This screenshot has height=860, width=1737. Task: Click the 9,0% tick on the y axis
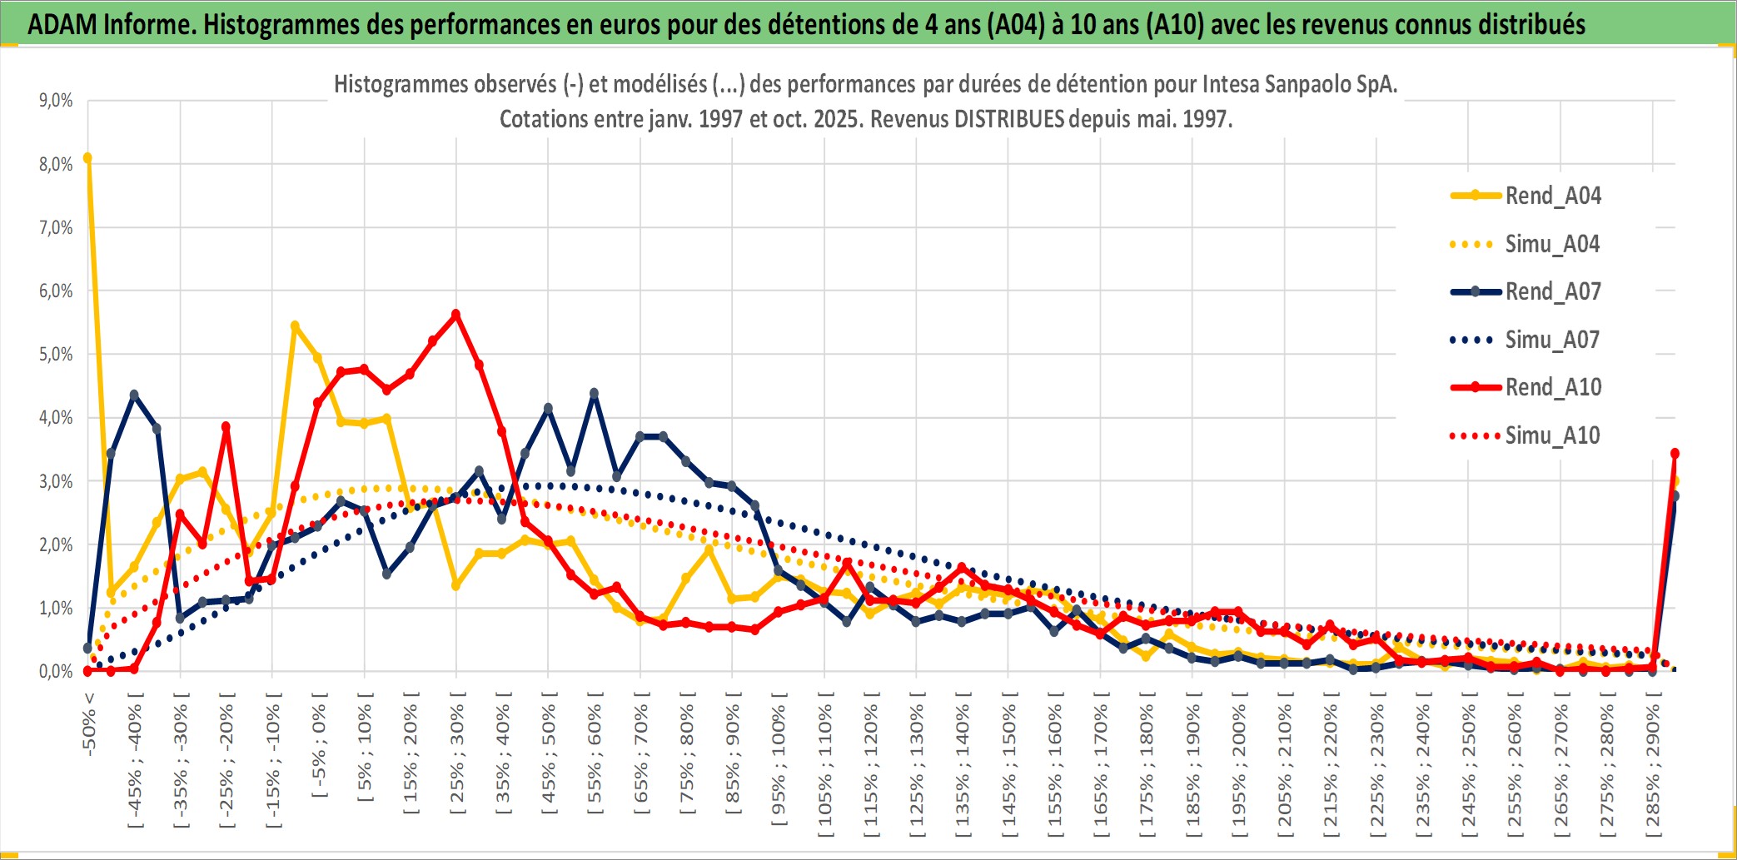click(x=56, y=101)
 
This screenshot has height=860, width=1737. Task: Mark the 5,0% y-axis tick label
click(x=56, y=355)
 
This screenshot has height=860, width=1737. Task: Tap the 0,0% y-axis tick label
click(x=56, y=672)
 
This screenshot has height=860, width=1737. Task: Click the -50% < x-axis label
click(x=89, y=723)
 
